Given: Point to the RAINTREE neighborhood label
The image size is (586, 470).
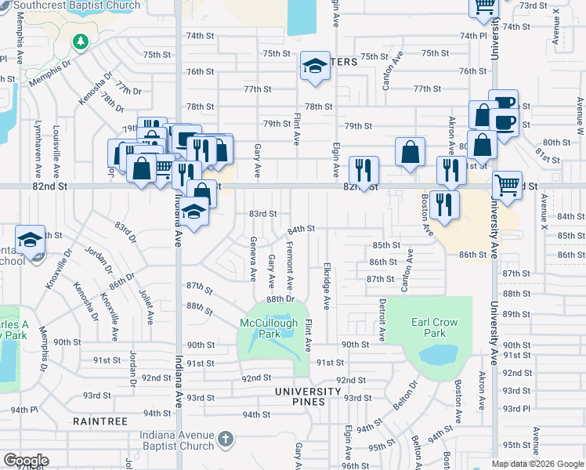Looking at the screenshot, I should click(x=100, y=421).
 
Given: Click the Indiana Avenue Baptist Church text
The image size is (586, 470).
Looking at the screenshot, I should click(x=166, y=440).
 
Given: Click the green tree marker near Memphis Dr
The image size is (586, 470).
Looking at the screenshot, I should click(x=79, y=41).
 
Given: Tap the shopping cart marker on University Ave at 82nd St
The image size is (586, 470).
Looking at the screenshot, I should click(x=507, y=186).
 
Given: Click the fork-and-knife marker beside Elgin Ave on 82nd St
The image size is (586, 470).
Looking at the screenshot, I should click(x=363, y=170).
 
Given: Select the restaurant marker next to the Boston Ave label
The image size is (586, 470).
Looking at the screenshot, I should click(x=444, y=205).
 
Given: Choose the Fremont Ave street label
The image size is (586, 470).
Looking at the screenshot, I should click(x=289, y=263).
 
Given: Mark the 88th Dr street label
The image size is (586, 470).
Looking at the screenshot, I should click(x=280, y=299).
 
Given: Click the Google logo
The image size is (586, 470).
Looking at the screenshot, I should click(x=26, y=461).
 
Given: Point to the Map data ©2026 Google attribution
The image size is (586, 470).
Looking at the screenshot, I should click(x=537, y=464).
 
